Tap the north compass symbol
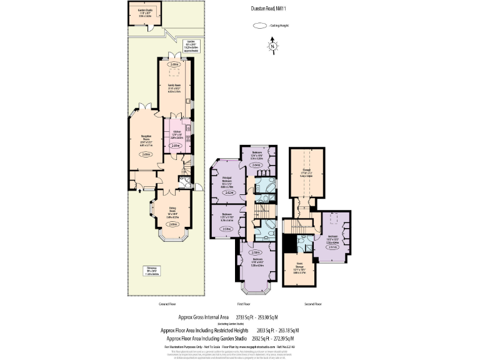tap(272, 46)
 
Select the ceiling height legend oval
tap(258, 26)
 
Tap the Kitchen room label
tap(176, 133)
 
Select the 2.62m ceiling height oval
tap(229, 193)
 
